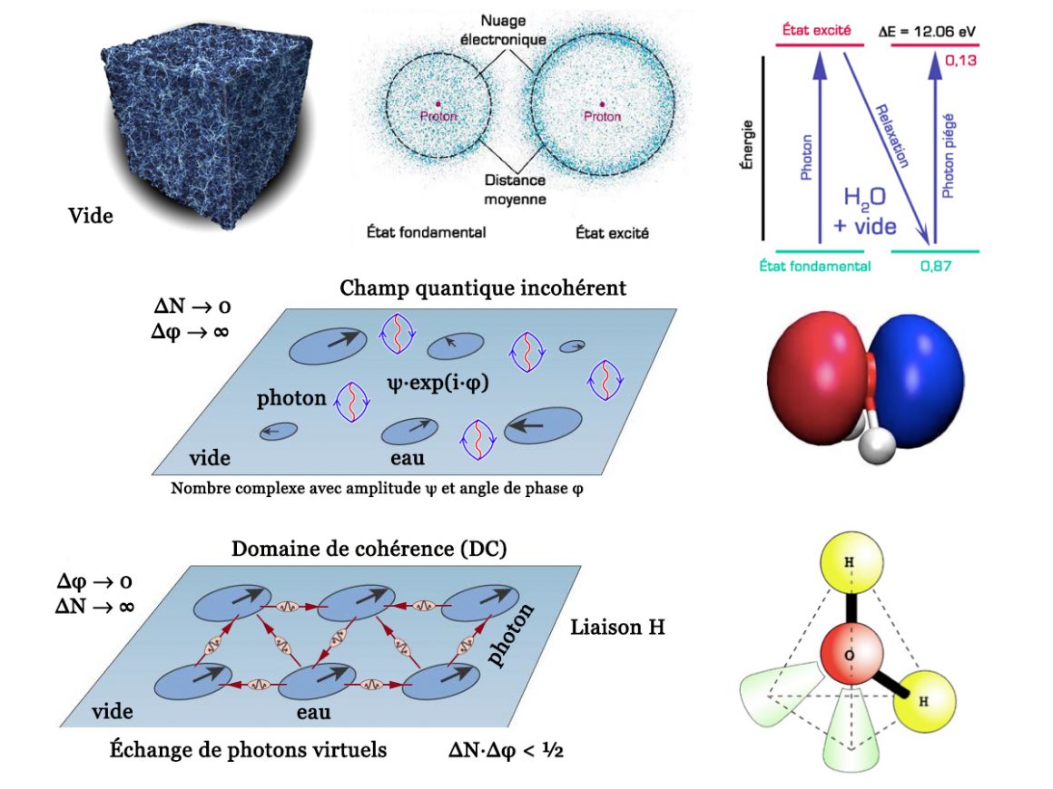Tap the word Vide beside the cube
point(91,216)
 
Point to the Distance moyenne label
point(514,190)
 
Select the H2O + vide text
point(864,211)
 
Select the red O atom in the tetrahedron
point(849,655)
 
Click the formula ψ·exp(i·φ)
point(437,383)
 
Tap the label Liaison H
point(617,627)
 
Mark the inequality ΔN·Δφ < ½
point(506,751)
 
